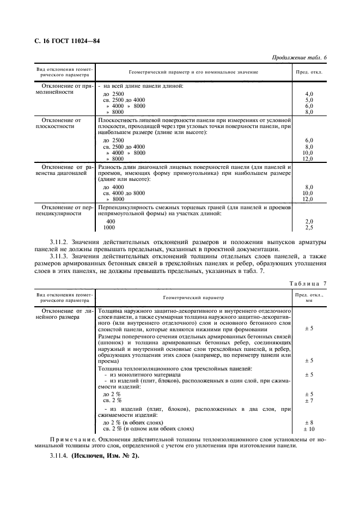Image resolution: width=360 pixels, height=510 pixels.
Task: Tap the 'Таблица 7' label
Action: pos(308,283)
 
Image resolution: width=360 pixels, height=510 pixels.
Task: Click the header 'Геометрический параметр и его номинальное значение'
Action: pos(193,72)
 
